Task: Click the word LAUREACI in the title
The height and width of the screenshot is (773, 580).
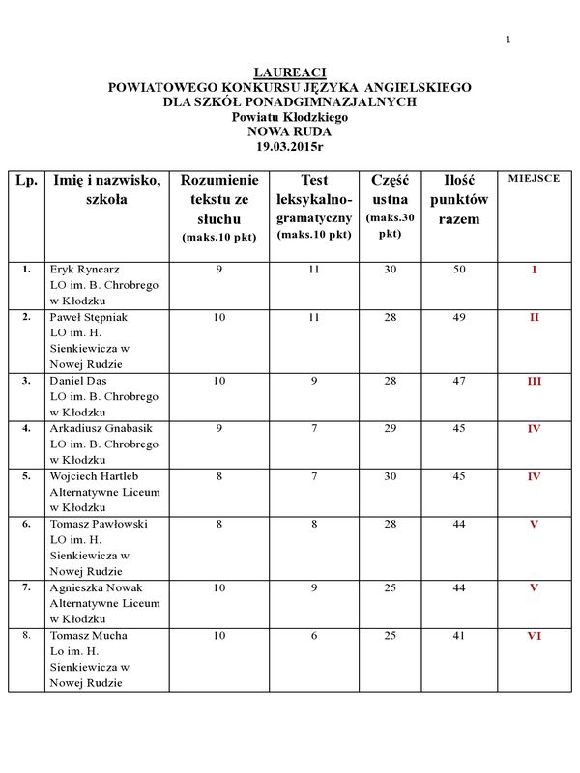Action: (290, 72)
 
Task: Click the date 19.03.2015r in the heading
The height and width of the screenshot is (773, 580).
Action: (290, 146)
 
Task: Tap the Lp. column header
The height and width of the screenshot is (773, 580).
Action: (26, 181)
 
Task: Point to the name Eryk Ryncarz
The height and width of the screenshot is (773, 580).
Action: (84, 270)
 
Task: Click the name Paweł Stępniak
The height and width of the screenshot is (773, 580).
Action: (88, 317)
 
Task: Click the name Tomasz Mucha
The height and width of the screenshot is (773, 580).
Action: (88, 635)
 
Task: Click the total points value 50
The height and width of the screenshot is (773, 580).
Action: (459, 270)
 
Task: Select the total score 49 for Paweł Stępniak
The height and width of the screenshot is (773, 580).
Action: (459, 317)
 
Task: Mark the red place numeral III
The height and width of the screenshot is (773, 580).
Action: (534, 381)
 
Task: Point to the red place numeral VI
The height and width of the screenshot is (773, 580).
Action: (534, 635)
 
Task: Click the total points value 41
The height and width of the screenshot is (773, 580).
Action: (459, 635)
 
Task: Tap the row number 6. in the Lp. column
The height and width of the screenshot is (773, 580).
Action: (26, 524)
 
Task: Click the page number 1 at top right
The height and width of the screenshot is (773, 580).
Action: (507, 39)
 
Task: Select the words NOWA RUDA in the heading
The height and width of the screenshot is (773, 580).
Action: (290, 131)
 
